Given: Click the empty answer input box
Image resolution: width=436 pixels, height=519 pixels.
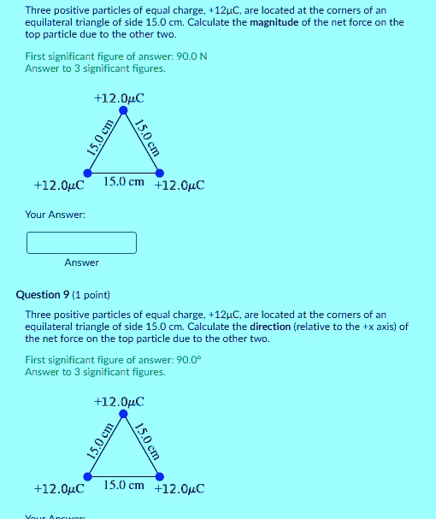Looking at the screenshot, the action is tap(81, 243).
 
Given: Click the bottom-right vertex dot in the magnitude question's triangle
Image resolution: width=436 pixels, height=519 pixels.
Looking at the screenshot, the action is tap(159, 174).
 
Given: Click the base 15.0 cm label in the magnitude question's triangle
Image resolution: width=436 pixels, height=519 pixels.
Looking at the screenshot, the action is tap(124, 182).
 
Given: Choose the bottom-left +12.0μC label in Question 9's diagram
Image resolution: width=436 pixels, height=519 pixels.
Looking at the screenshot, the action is tap(58, 488).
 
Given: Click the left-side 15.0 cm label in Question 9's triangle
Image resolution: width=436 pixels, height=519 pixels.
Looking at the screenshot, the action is tap(99, 441).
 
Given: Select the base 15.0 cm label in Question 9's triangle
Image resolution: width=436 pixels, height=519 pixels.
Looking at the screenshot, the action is tap(124, 485).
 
